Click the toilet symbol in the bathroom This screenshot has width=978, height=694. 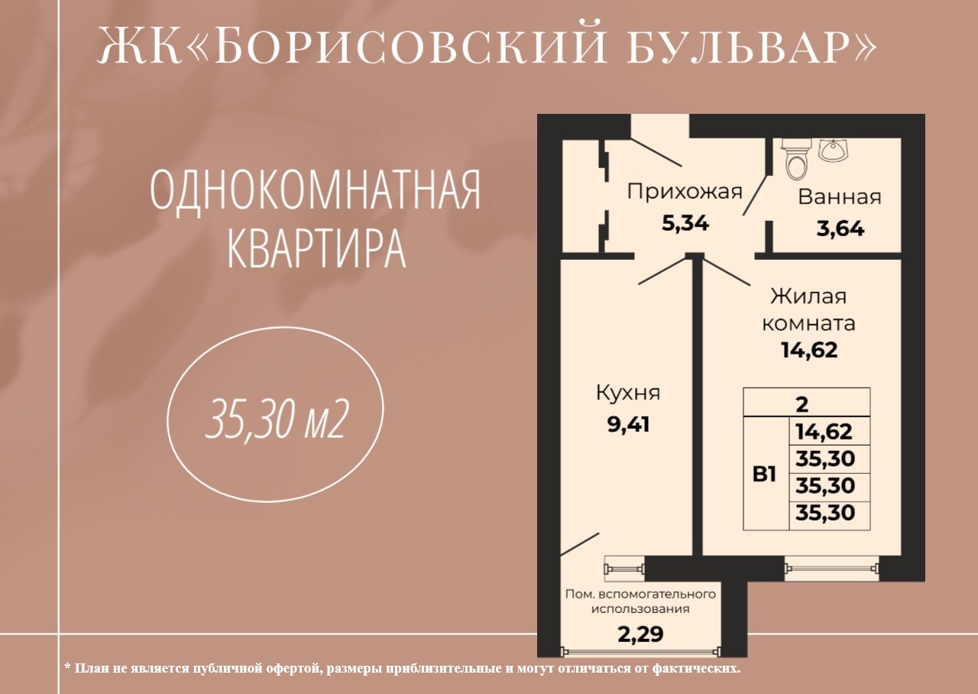795,160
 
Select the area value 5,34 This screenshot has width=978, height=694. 685,224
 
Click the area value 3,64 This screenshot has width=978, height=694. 840,229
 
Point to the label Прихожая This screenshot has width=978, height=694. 685,192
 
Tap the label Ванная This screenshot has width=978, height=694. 840,197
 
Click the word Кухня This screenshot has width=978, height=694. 628,393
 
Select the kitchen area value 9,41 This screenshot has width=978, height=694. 628,424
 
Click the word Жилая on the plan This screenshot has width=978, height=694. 808,297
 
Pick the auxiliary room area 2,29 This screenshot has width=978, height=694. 640,634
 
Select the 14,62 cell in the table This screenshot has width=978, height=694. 824,432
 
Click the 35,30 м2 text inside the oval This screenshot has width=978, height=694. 277,421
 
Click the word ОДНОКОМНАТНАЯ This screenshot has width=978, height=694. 315,192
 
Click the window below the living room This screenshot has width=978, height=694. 832,568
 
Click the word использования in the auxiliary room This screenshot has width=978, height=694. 640,608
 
